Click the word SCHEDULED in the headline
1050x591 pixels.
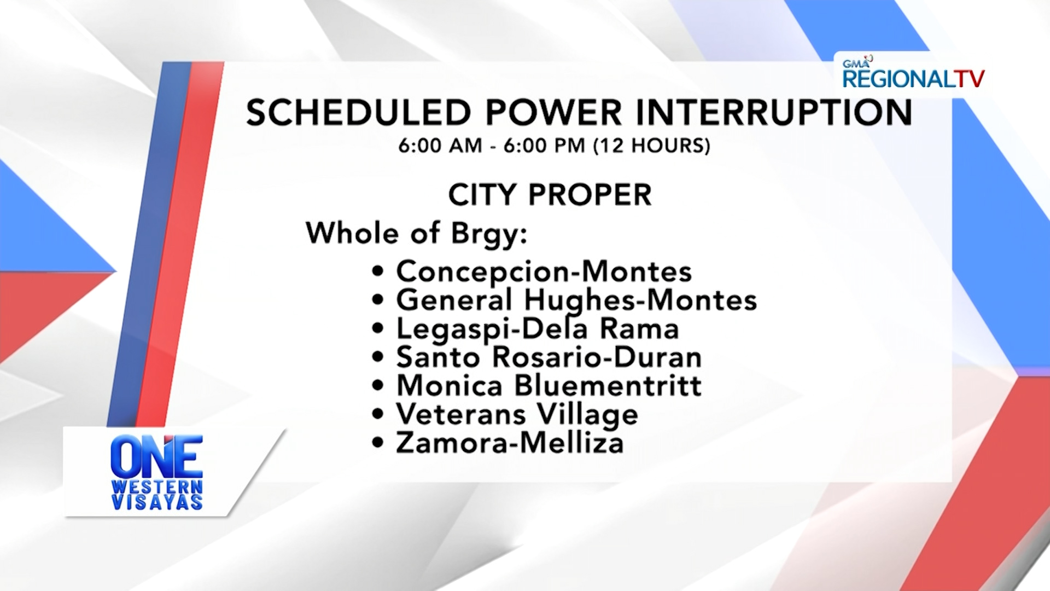(x=358, y=113)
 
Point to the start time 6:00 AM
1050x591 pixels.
(x=440, y=146)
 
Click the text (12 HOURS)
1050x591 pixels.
(x=652, y=146)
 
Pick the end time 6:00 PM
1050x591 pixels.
(x=544, y=146)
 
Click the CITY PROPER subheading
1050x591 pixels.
(x=550, y=195)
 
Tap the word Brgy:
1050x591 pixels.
(x=489, y=234)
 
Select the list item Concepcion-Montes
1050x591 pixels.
(x=544, y=271)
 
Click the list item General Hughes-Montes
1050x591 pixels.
(x=576, y=300)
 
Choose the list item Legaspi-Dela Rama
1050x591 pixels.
(x=538, y=329)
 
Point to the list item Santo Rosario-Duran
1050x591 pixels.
(x=549, y=357)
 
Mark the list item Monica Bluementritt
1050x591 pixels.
(x=549, y=386)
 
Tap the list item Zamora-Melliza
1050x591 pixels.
(x=510, y=443)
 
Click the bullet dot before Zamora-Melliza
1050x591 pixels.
(x=377, y=443)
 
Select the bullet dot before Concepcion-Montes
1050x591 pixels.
(x=377, y=271)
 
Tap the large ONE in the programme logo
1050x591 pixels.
(x=157, y=456)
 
